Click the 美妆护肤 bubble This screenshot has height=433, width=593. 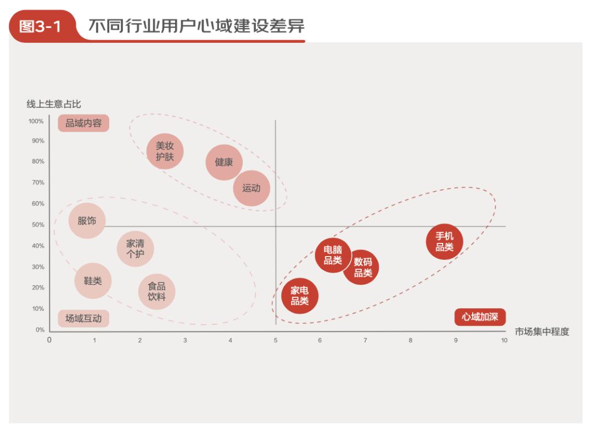click(165, 151)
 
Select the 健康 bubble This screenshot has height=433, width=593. click(224, 162)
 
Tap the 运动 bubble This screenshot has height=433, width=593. click(251, 188)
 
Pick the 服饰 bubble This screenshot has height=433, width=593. click(87, 221)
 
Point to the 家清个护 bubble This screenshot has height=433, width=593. click(135, 248)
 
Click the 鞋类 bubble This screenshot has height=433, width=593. click(93, 280)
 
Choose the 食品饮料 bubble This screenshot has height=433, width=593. click(156, 291)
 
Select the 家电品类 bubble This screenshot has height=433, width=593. click(300, 296)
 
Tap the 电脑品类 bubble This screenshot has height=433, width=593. click(333, 255)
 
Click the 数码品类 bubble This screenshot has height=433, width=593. click(361, 268)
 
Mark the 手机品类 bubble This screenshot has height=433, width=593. click(445, 241)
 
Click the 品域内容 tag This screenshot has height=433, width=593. click(83, 123)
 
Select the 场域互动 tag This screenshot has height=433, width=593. click(83, 318)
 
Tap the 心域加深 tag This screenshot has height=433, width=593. click(480, 317)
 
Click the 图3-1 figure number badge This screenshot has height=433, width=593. click(41, 27)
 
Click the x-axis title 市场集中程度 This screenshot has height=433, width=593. click(542, 331)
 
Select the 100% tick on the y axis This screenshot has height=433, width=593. click(36, 121)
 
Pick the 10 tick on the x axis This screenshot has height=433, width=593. click(504, 341)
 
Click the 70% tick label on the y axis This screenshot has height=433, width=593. click(38, 182)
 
